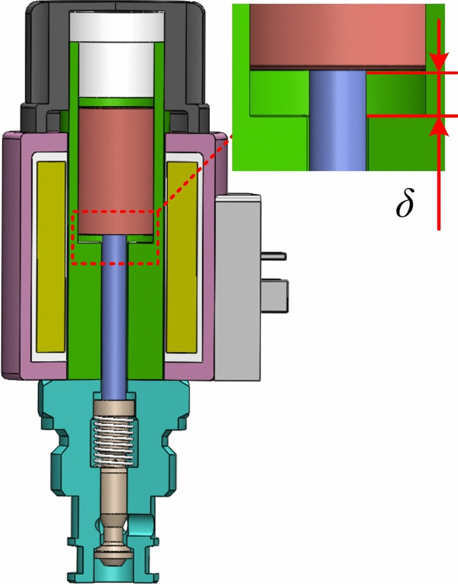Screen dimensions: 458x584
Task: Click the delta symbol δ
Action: [404, 203]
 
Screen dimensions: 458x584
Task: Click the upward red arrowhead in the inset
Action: [438, 126]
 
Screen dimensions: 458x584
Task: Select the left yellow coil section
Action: [51, 258]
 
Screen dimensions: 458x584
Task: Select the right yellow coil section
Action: [182, 258]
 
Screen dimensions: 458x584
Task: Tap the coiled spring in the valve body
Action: [113, 440]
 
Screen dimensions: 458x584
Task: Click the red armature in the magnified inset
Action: [338, 36]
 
